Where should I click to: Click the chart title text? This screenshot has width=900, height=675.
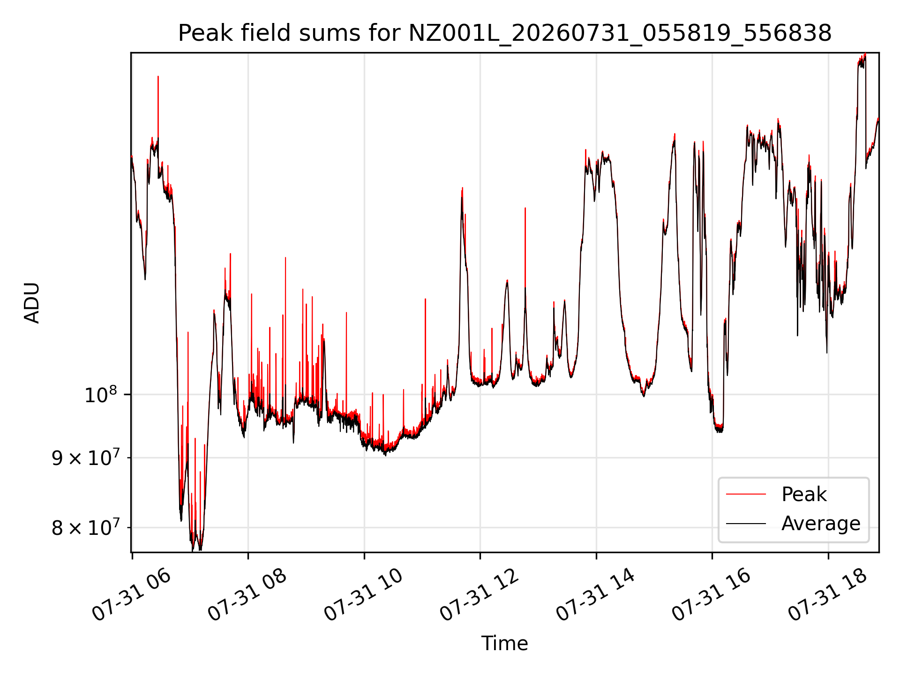click(505, 33)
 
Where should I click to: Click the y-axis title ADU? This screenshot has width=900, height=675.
click(32, 302)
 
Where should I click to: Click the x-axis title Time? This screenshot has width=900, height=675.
click(505, 644)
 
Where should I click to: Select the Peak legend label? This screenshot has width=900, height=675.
click(804, 495)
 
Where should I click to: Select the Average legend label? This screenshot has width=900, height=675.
click(821, 524)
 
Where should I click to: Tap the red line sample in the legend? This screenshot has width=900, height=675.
click(746, 495)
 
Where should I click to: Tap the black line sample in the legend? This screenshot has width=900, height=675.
click(746, 524)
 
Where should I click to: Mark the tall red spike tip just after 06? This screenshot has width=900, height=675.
click(158, 76)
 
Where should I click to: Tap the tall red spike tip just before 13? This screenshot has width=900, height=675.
click(525, 208)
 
